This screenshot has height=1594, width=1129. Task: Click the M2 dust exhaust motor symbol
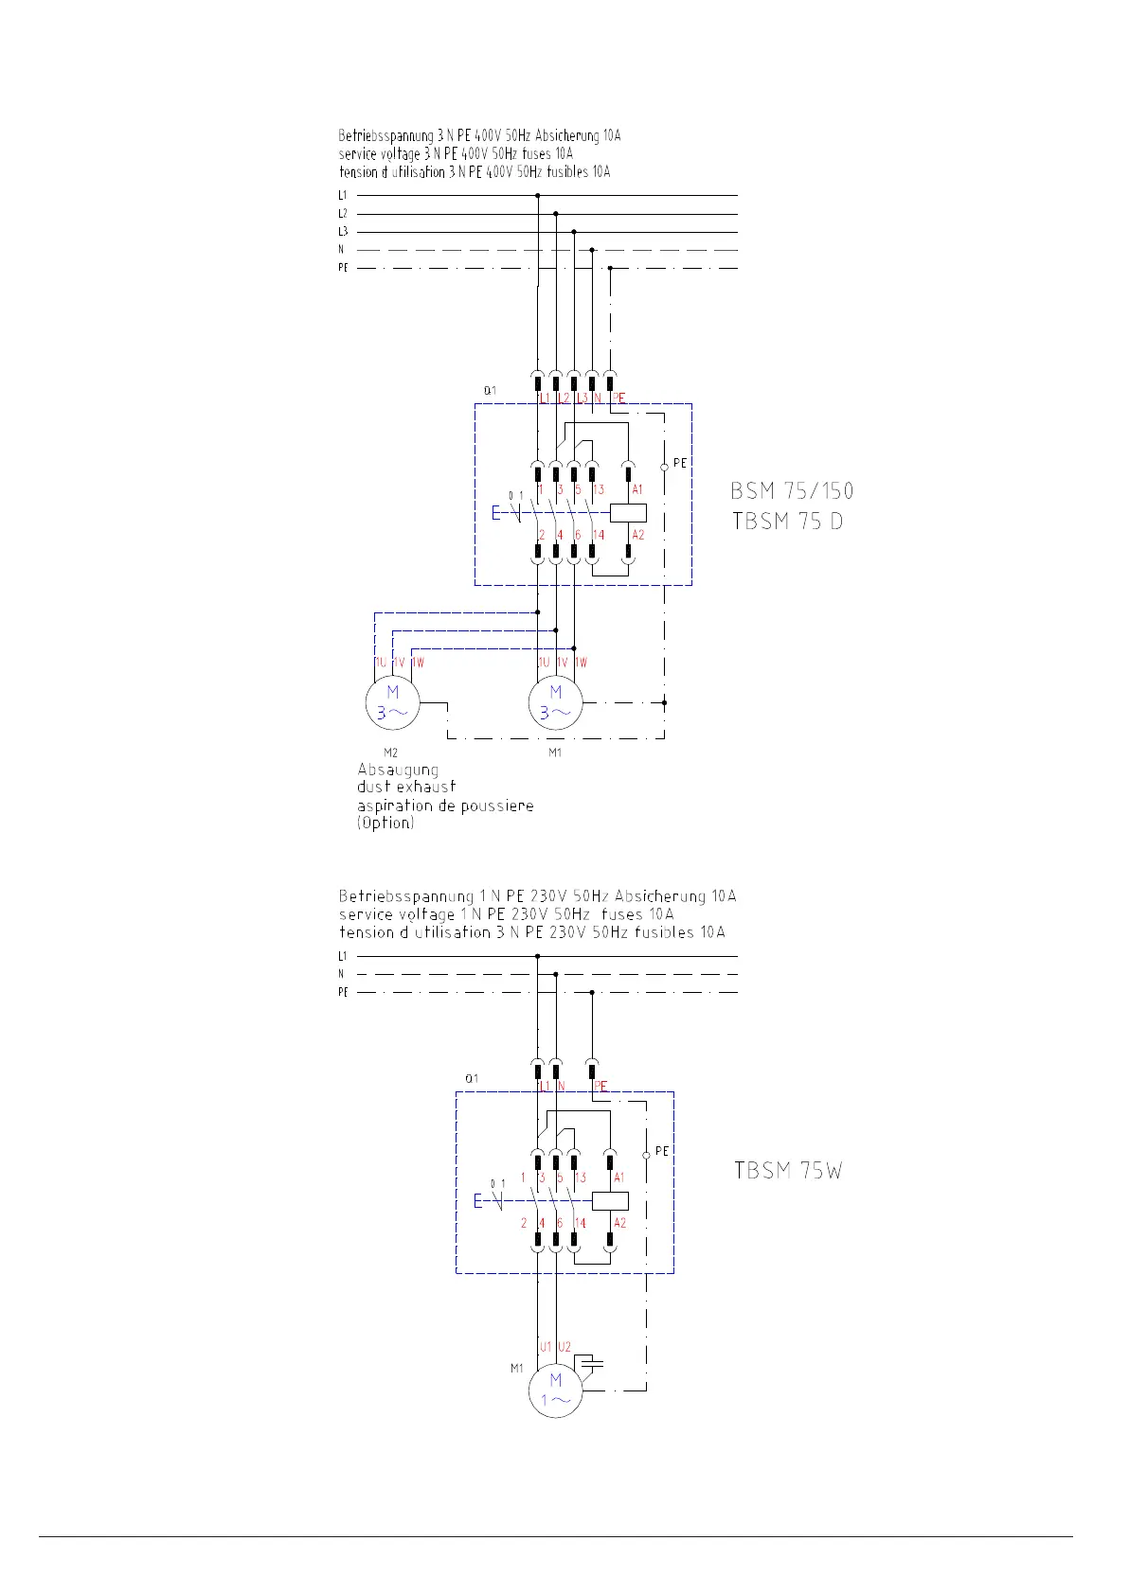tap(392, 703)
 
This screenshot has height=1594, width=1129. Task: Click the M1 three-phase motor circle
tap(555, 703)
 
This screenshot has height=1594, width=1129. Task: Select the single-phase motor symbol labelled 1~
tap(555, 1390)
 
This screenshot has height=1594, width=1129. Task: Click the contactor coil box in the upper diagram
tap(628, 513)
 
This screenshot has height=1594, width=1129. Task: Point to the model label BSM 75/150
tap(792, 491)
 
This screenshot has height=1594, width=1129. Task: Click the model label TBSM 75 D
tap(787, 521)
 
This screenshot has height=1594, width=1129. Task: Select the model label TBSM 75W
tap(788, 1171)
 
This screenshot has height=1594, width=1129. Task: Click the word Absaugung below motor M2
tap(398, 770)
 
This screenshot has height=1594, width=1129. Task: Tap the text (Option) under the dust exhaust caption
tap(385, 823)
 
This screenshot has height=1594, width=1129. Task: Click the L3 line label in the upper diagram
tap(342, 232)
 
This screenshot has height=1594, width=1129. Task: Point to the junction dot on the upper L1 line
tap(538, 196)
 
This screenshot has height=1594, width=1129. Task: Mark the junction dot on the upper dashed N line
tap(592, 250)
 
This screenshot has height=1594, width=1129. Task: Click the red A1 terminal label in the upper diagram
tap(637, 489)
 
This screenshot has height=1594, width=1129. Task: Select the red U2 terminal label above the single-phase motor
tap(564, 1347)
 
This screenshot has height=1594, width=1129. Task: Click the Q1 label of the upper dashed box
tap(490, 390)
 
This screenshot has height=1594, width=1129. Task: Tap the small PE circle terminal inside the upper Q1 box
tap(664, 468)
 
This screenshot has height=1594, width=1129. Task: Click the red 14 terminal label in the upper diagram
tap(598, 535)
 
